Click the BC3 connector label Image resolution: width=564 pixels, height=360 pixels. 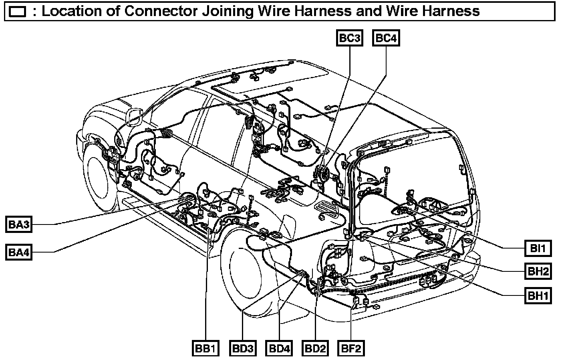pyautogui.click(x=350, y=38)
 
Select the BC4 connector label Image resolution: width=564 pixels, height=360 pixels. pyautogui.click(x=386, y=38)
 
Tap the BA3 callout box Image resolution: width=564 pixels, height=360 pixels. pyautogui.click(x=19, y=224)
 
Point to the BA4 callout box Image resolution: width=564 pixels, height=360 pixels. pyautogui.click(x=19, y=253)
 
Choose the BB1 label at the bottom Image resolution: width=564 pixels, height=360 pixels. pyautogui.click(x=206, y=348)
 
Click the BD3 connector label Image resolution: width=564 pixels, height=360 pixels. pyautogui.click(x=243, y=348)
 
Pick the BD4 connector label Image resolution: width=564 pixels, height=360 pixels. pyautogui.click(x=279, y=348)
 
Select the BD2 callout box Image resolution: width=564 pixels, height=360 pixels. pyautogui.click(x=315, y=348)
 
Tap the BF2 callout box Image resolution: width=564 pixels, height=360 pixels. pyautogui.click(x=351, y=348)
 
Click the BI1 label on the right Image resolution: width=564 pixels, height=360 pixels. pyautogui.click(x=538, y=248)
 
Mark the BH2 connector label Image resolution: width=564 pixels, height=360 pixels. pyautogui.click(x=538, y=271)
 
